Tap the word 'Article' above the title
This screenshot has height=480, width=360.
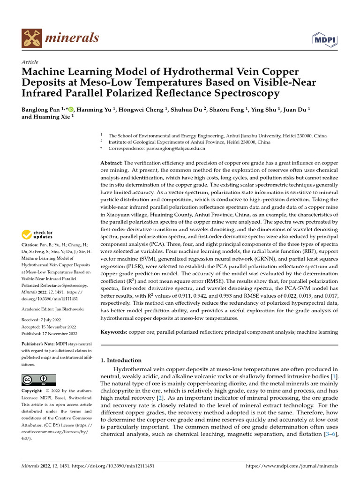click(x=30, y=62)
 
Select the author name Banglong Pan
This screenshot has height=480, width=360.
click(x=41, y=109)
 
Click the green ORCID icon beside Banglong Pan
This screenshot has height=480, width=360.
click(x=71, y=109)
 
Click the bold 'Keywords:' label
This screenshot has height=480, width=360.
click(x=114, y=332)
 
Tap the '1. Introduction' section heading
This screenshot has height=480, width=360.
click(x=121, y=360)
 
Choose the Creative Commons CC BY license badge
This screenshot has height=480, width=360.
click(x=38, y=380)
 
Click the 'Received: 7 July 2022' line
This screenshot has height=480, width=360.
click(x=43, y=320)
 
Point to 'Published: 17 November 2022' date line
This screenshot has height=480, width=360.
click(x=49, y=334)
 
